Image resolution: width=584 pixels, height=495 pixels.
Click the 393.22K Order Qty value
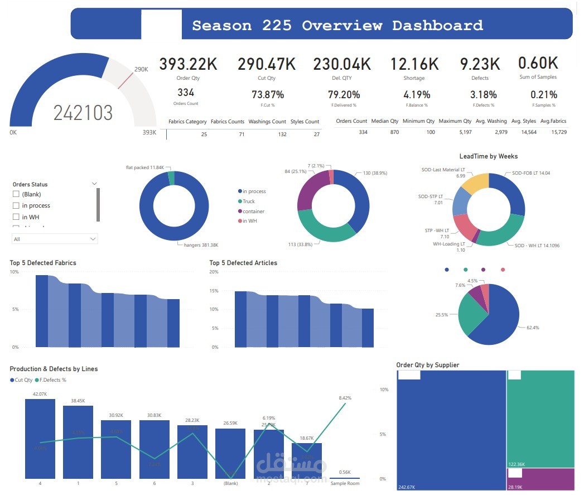[188, 64]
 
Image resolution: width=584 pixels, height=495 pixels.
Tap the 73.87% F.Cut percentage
[267, 95]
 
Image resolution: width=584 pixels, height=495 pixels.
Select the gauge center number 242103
[83, 113]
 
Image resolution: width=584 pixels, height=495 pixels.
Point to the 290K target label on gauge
[141, 69]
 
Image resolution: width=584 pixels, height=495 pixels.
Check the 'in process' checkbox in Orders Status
[16, 205]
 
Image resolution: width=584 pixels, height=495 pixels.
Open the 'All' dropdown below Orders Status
[55, 239]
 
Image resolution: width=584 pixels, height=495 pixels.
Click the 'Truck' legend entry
[248, 201]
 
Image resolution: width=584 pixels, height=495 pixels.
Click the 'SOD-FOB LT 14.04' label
[527, 173]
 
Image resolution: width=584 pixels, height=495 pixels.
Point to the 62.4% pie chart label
[533, 328]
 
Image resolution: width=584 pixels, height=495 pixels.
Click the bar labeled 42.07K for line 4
[40, 438]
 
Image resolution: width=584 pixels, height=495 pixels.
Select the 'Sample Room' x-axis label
[344, 483]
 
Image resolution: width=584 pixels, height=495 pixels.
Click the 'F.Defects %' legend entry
[53, 380]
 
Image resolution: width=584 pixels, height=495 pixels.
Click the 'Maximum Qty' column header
[455, 121]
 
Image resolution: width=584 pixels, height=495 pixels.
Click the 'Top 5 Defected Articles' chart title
[243, 263]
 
